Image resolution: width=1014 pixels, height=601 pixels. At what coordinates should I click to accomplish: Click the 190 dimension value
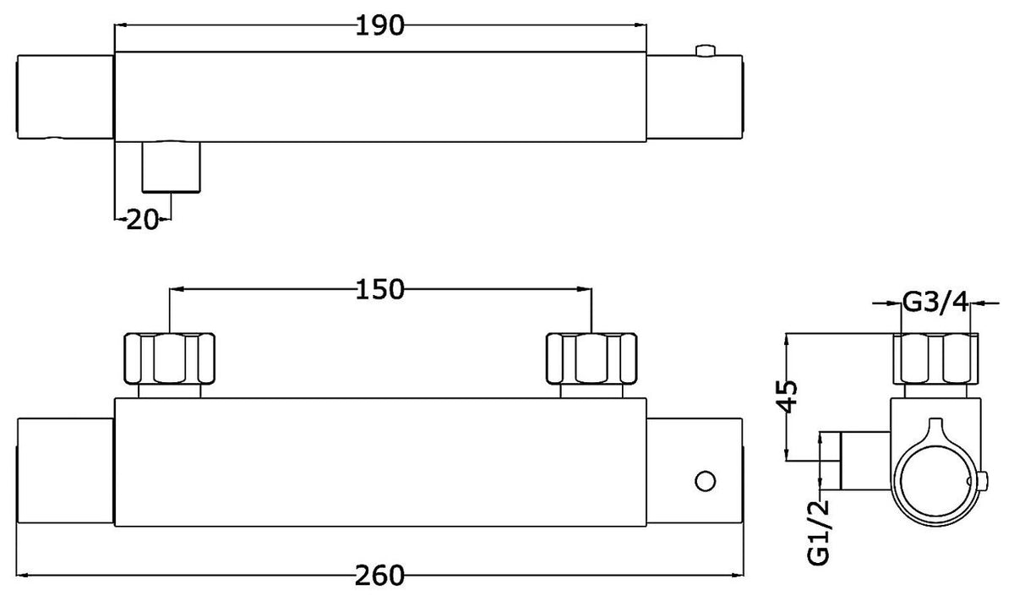379,25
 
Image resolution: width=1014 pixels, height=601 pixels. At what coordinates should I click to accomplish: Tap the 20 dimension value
143,220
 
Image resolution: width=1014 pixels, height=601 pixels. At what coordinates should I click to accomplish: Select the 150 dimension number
379,289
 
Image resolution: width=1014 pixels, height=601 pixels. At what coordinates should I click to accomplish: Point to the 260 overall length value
379,576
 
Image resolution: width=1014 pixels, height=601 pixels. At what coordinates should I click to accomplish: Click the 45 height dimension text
788,396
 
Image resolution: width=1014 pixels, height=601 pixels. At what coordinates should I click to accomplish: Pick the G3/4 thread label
935,303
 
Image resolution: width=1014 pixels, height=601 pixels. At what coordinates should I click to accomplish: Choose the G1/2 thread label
819,532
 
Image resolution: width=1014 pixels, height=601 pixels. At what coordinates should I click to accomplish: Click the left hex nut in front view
169,358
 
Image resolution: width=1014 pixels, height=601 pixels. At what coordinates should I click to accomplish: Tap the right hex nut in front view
591,358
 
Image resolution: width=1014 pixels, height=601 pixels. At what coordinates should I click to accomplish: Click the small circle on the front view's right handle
705,481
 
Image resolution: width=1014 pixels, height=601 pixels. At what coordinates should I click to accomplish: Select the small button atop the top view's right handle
706,51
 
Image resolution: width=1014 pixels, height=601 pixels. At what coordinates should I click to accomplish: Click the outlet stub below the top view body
171,167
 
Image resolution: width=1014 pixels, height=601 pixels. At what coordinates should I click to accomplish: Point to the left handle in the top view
65,97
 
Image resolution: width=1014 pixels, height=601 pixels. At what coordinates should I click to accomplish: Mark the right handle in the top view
695,97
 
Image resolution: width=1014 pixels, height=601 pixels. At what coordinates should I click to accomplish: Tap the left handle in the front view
65,471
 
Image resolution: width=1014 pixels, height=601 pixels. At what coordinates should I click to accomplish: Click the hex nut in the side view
935,358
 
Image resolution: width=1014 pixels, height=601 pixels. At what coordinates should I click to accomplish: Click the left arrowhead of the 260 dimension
23,575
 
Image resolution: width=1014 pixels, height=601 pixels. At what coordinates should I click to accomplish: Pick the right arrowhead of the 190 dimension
641,25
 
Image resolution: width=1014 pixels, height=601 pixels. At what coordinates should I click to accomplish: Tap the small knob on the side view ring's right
983,481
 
